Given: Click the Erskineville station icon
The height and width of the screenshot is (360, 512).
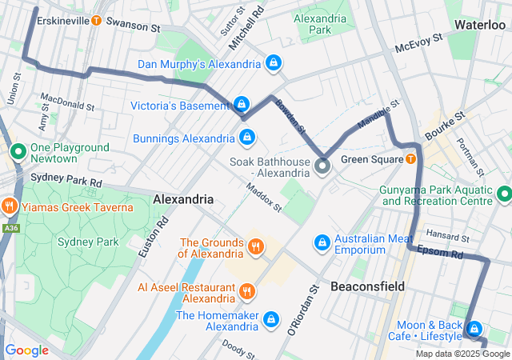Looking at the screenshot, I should point(97,20).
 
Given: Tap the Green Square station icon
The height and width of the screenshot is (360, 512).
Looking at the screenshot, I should point(410,159).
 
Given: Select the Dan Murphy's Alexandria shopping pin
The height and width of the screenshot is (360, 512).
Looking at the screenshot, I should point(274,62).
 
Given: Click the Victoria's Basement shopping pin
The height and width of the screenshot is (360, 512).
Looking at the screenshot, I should point(241,105).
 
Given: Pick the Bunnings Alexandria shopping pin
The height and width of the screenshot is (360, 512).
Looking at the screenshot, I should point(247,138).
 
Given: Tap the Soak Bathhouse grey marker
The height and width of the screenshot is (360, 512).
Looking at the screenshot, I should point(322,166).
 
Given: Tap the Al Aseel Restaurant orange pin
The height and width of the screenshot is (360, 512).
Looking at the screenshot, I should point(247,290).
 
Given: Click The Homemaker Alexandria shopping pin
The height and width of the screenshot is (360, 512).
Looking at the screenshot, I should point(271,320).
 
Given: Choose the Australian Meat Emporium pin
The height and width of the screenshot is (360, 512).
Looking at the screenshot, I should point(322,242).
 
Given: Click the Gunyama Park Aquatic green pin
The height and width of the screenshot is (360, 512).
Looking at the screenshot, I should point(504,194).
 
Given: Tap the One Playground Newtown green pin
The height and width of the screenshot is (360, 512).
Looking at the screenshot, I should point(18,150).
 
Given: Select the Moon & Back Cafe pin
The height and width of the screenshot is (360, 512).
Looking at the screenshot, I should point(474,329).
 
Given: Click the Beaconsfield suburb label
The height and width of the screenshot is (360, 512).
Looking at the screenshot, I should point(367,286).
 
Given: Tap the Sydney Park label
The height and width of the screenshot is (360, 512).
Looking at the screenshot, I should point(88,241).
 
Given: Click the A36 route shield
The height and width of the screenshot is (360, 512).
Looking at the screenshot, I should point(10,228).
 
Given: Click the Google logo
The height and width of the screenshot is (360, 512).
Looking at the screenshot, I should point(27,350).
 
